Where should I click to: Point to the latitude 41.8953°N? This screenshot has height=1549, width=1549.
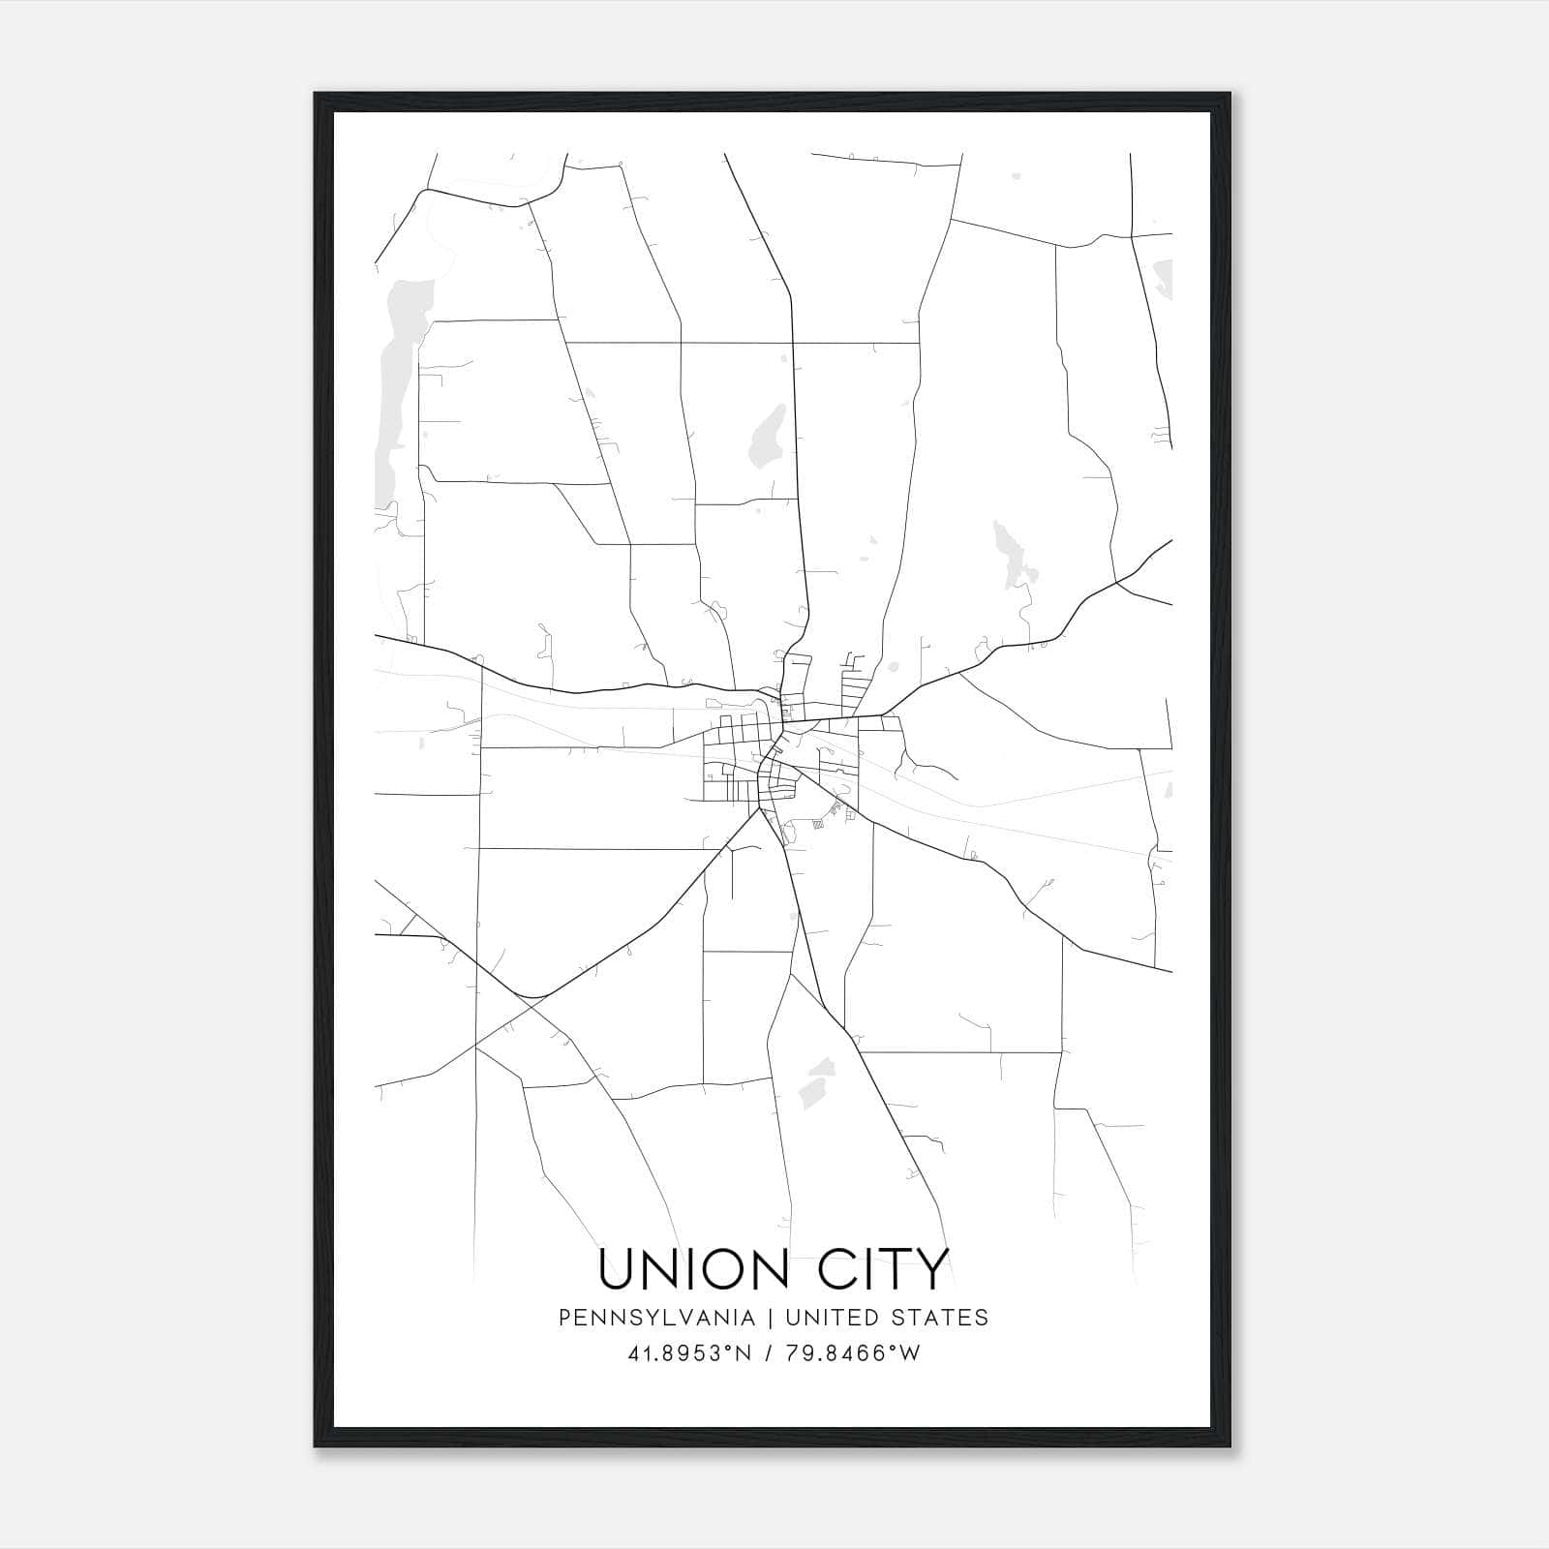click(689, 1353)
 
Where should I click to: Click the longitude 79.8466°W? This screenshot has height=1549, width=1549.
click(852, 1353)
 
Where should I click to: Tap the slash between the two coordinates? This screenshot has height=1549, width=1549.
click(769, 1353)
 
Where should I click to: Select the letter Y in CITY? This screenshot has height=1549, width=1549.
click(931, 1269)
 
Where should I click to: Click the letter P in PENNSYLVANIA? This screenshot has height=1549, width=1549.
click(563, 1318)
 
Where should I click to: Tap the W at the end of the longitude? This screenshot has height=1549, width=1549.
click(910, 1353)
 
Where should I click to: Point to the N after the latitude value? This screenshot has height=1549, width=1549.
click(743, 1353)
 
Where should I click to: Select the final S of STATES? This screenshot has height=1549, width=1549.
click(982, 1318)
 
